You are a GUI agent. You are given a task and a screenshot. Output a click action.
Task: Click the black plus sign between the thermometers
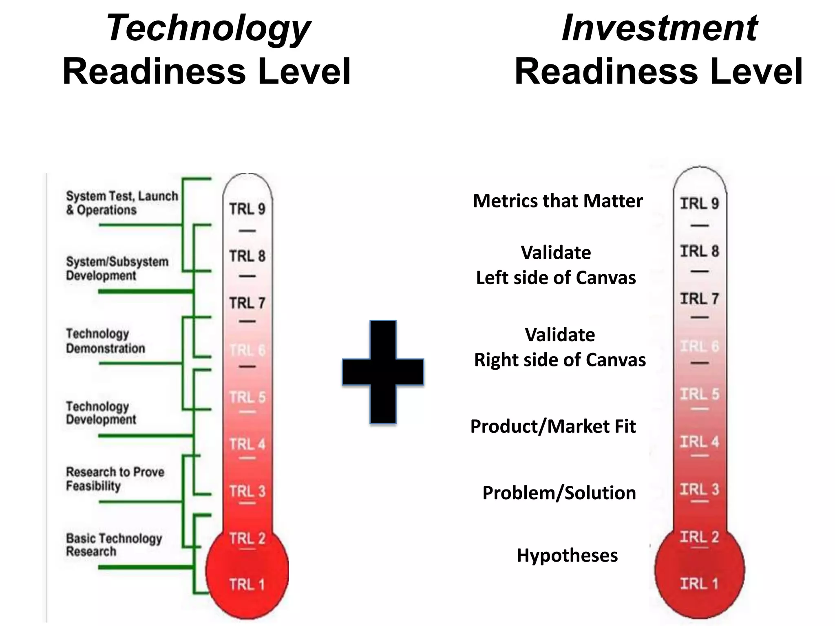[x=383, y=372]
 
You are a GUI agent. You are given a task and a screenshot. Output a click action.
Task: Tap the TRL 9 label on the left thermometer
[x=247, y=209]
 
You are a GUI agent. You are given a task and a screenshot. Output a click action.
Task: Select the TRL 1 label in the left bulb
[x=247, y=584]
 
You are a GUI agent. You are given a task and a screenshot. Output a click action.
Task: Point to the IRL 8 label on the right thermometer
[x=699, y=251]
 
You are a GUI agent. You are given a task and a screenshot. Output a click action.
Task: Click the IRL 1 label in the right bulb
[x=699, y=583]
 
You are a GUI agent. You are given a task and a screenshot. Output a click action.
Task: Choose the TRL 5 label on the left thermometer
[x=247, y=397]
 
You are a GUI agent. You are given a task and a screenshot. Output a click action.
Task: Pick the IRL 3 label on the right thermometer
[x=699, y=489]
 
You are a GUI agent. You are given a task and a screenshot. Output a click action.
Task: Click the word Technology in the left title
[x=208, y=28]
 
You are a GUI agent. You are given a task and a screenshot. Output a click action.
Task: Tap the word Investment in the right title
[x=659, y=28]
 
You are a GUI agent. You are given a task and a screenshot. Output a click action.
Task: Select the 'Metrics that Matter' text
[x=557, y=201]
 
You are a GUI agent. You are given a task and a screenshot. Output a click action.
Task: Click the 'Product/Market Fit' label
[x=553, y=426]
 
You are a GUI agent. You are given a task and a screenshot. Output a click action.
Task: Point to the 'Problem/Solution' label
[x=559, y=493]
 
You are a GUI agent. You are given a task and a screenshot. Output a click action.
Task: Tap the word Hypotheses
[x=567, y=555]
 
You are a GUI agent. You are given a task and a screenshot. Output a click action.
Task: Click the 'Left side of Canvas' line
[x=556, y=278]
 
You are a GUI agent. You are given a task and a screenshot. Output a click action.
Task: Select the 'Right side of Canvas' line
[x=560, y=360]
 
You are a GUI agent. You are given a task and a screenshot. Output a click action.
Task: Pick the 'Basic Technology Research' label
[x=114, y=545]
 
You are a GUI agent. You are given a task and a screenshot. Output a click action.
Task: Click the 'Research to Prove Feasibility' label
[x=115, y=479]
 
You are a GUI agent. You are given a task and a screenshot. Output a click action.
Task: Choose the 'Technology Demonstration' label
[x=105, y=341]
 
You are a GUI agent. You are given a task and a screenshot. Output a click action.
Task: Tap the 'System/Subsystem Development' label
[x=117, y=269]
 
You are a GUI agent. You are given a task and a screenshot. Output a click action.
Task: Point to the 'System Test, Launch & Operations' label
[x=122, y=203]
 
